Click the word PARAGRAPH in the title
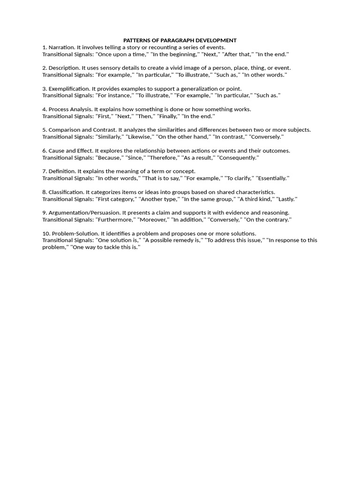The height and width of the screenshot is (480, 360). click(x=180, y=40)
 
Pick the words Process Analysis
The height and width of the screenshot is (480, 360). click(x=70, y=109)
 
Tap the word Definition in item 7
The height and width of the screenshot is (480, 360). click(x=61, y=171)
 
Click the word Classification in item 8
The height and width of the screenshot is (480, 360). click(x=66, y=192)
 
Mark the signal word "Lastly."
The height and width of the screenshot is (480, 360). click(x=286, y=199)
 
